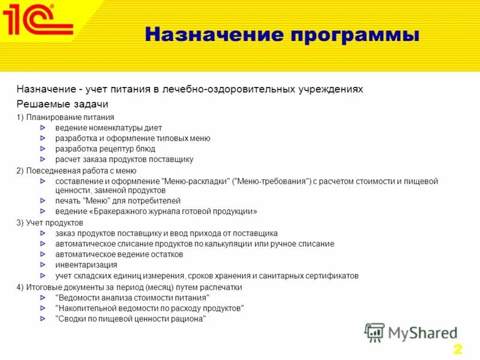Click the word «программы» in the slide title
click(x=355, y=34)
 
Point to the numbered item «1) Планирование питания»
click(x=65, y=117)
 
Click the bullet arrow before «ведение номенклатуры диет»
click(x=42, y=128)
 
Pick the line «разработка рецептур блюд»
click(x=105, y=149)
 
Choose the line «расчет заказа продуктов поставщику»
click(x=124, y=160)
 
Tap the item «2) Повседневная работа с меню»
click(x=76, y=170)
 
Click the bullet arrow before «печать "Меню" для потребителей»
click(x=42, y=201)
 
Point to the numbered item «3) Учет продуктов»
click(x=50, y=223)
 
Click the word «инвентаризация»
click(x=86, y=265)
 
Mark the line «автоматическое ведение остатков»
click(x=119, y=254)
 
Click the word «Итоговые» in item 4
click(x=43, y=287)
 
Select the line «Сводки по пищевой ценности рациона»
click(x=130, y=319)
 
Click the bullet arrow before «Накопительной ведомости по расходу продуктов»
click(x=42, y=308)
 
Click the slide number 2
click(x=457, y=349)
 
